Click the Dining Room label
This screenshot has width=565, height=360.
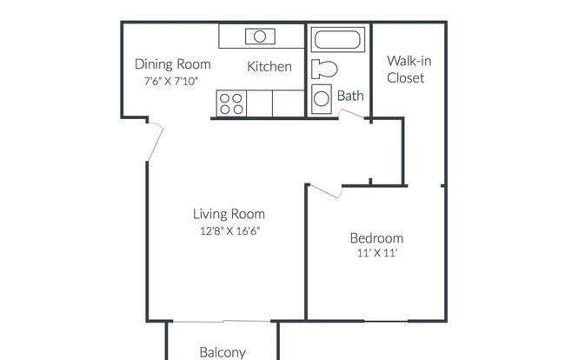(173, 64)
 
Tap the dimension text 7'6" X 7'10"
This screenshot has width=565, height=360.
(171, 81)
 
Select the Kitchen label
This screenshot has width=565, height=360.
(269, 67)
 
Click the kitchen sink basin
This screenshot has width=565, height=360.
(260, 37)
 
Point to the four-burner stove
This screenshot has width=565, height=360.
(231, 103)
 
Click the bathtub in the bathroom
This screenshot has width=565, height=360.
(337, 40)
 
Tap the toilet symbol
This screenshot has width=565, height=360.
(324, 70)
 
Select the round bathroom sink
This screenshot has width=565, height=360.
(322, 99)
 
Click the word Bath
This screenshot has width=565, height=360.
(350, 96)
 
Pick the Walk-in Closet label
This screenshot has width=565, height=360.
(409, 70)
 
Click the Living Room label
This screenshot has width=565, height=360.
(229, 214)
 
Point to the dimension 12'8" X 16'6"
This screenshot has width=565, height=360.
(229, 230)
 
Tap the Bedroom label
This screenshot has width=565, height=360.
(376, 238)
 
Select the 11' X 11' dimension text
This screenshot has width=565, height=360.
(377, 253)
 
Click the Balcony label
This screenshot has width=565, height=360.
(223, 352)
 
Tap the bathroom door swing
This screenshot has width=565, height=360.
(351, 114)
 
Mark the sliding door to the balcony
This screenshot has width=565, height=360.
(222, 321)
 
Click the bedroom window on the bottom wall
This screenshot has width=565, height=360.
(386, 321)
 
